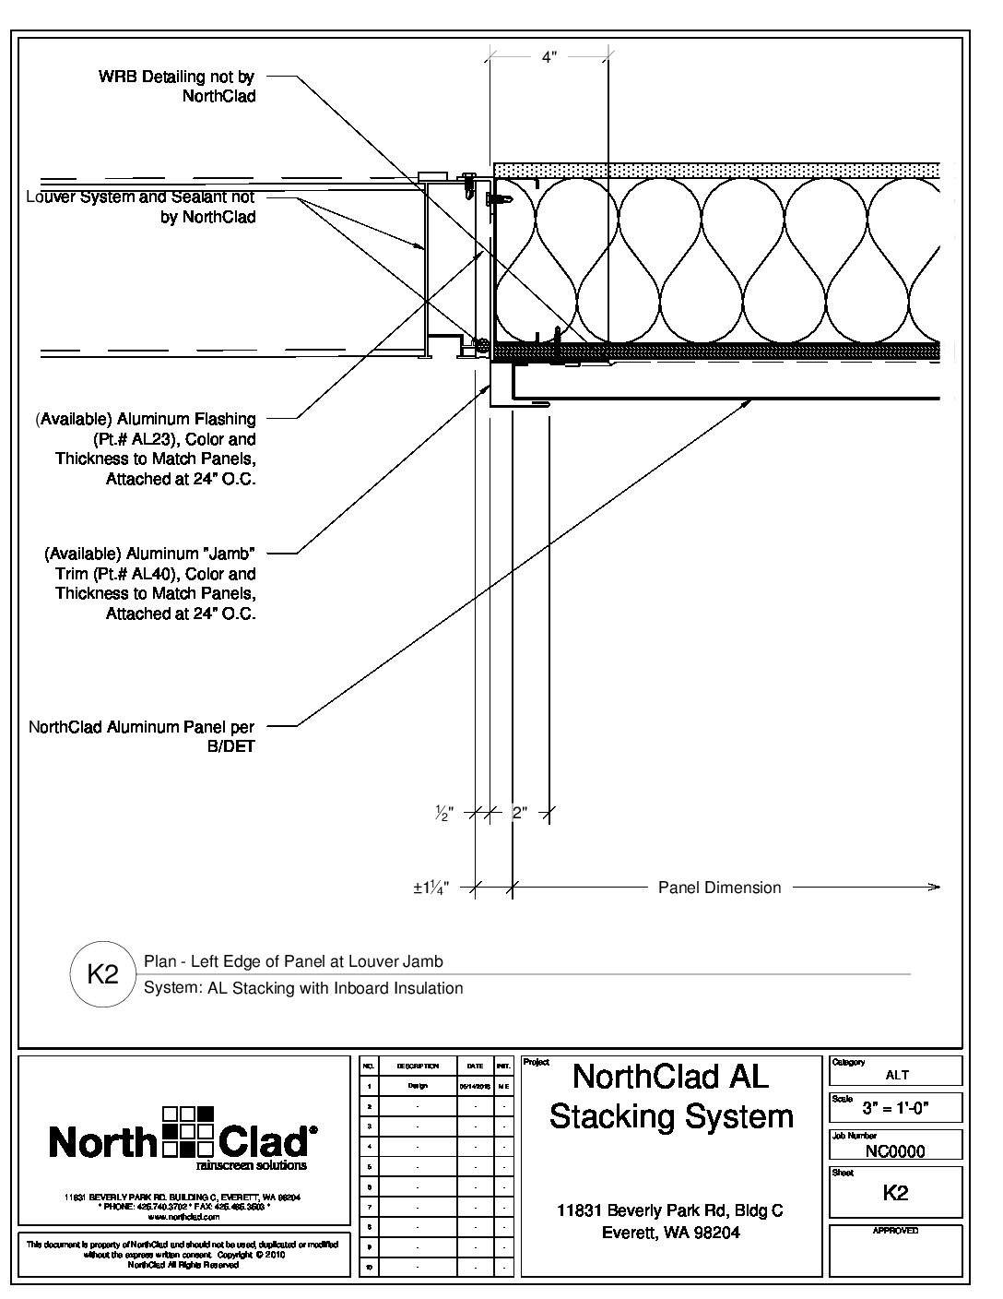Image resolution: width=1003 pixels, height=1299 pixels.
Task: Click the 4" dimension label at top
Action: click(x=549, y=57)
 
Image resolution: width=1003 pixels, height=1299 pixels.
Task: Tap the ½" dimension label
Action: click(x=444, y=814)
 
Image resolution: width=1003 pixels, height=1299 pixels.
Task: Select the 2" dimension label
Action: click(x=519, y=814)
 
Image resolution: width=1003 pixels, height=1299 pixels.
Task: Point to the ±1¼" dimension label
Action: click(x=430, y=888)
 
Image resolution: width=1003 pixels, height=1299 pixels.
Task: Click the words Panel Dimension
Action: click(x=719, y=888)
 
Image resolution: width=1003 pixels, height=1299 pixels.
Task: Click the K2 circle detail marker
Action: click(x=102, y=974)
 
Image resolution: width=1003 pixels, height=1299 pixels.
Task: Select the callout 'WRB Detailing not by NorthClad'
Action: click(x=177, y=87)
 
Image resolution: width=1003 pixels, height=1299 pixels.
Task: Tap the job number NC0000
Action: click(x=895, y=1150)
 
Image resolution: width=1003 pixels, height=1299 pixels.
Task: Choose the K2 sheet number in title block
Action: click(x=895, y=1192)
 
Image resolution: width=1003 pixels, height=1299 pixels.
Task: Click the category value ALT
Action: click(x=896, y=1075)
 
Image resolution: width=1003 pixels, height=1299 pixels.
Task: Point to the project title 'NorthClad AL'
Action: click(x=670, y=1076)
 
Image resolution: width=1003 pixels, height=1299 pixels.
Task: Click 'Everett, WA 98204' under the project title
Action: click(x=670, y=1233)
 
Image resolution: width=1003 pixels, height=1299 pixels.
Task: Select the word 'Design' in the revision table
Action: click(x=417, y=1086)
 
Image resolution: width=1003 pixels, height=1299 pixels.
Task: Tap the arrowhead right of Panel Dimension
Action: click(x=935, y=888)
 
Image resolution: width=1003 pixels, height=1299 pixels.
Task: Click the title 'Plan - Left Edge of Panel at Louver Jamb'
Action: click(x=293, y=961)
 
